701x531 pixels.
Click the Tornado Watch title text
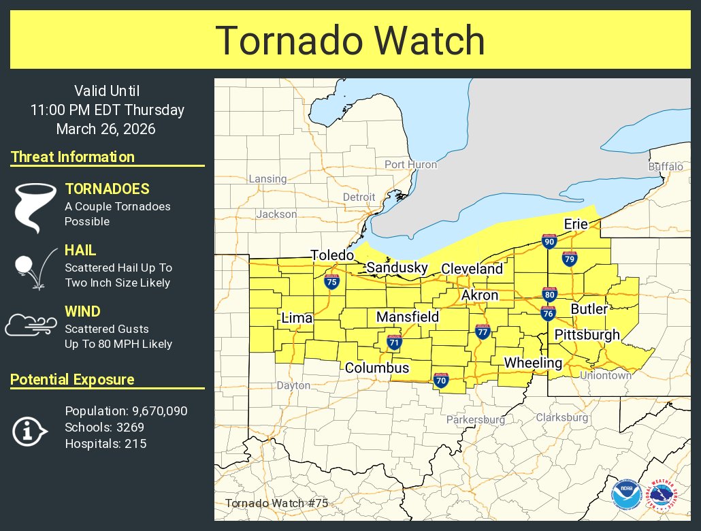(350, 40)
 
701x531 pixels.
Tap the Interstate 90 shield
(549, 241)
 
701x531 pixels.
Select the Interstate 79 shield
(570, 259)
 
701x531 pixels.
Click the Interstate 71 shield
(394, 342)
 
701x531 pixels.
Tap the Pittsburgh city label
(587, 334)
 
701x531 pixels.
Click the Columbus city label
(377, 368)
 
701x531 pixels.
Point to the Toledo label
(332, 255)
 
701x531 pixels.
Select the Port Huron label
(410, 164)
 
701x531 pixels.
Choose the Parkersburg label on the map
(476, 420)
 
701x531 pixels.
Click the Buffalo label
(665, 166)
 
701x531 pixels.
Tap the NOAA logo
(625, 494)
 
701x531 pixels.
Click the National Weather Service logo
(664, 494)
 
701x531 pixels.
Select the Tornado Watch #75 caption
(276, 503)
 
